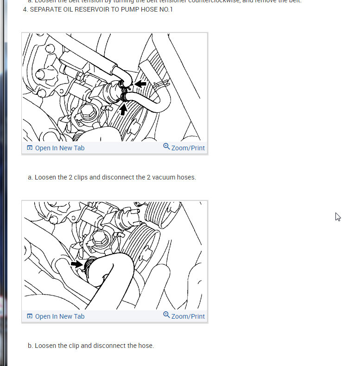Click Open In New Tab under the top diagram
point(59,148)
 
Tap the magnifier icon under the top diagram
point(166,147)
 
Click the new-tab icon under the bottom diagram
point(30,316)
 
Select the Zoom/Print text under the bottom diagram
point(188,316)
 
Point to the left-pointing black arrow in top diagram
point(140,84)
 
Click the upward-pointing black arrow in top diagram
point(123,109)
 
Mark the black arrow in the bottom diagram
point(77,264)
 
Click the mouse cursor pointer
point(338,217)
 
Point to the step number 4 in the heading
point(25,9)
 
